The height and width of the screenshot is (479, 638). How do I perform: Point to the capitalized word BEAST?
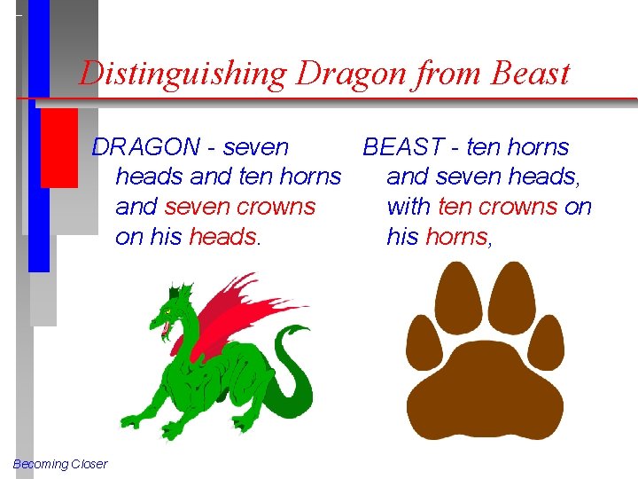pos(409,146)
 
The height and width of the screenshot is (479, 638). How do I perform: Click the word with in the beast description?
pos(408,207)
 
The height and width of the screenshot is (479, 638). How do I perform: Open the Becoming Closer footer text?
pos(60,464)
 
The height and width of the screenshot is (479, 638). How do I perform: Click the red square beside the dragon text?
pos(59,147)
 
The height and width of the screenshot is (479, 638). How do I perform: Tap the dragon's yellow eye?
pos(167,313)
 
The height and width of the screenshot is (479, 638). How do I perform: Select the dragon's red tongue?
pos(165,332)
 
